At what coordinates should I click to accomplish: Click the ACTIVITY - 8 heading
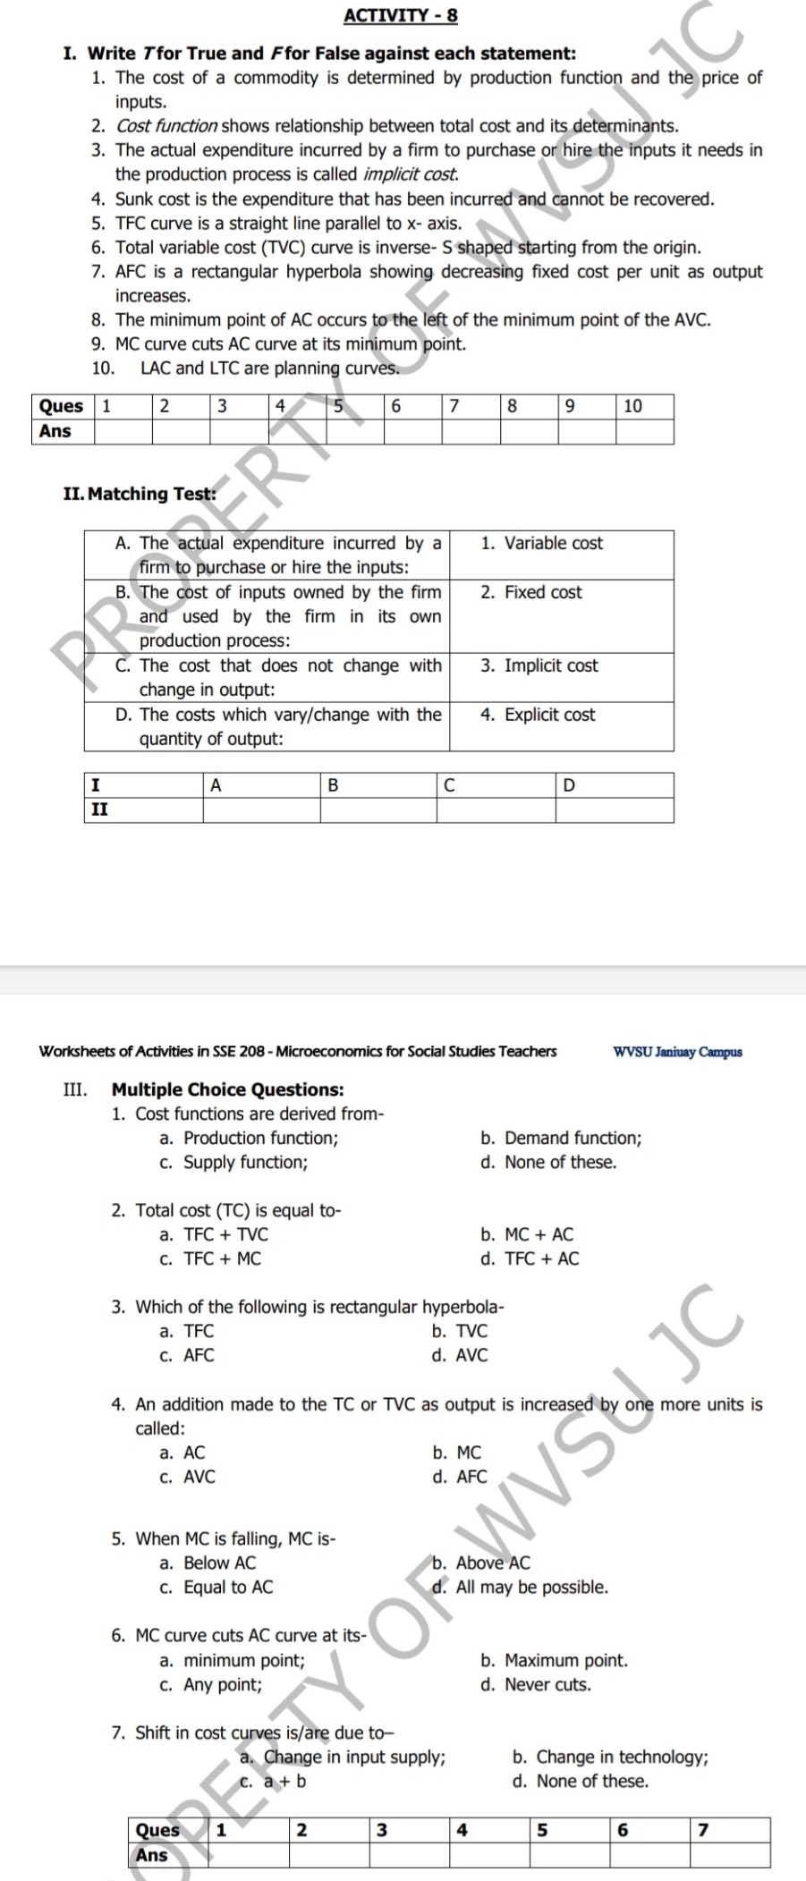(400, 15)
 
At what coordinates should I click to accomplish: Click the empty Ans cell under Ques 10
(644, 432)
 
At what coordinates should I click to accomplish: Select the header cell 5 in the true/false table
(354, 406)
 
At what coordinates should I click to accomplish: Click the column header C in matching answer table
(496, 786)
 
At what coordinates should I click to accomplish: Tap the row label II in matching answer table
(100, 809)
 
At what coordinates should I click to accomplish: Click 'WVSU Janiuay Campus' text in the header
(677, 1052)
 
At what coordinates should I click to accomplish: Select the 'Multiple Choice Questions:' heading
(227, 1089)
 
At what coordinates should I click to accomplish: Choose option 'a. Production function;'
(249, 1139)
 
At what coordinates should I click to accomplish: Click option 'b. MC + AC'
(527, 1235)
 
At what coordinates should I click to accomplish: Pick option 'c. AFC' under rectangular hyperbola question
(187, 1356)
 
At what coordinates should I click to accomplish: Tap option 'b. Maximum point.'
(554, 1661)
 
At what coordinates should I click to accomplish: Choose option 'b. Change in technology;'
(610, 1758)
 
